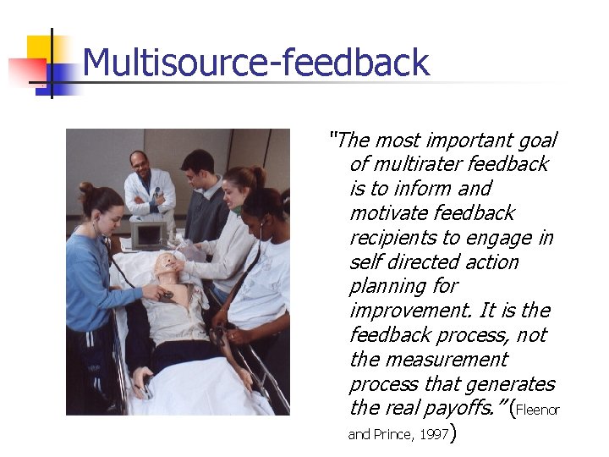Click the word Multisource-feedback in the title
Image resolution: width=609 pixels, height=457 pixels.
point(255,63)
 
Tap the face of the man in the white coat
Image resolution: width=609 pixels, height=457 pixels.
point(140,163)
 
